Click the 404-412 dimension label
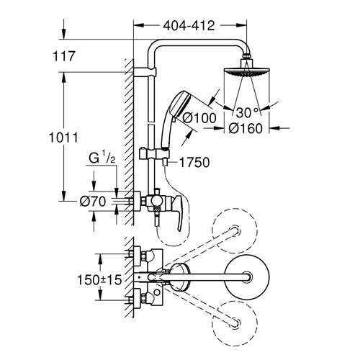[x=189, y=25]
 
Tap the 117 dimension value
[x=64, y=56]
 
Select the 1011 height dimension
[x=63, y=138]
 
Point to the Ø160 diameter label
[x=246, y=128]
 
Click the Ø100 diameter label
[x=199, y=118]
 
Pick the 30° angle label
[x=248, y=112]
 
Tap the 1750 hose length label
[x=194, y=162]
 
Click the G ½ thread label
[x=102, y=158]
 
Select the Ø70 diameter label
[x=93, y=201]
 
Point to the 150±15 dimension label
[x=99, y=279]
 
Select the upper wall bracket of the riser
[x=145, y=72]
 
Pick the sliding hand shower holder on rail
[x=154, y=154]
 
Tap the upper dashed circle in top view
[x=235, y=231]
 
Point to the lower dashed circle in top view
[x=235, y=323]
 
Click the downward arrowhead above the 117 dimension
[x=64, y=34]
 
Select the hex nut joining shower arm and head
[x=246, y=55]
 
